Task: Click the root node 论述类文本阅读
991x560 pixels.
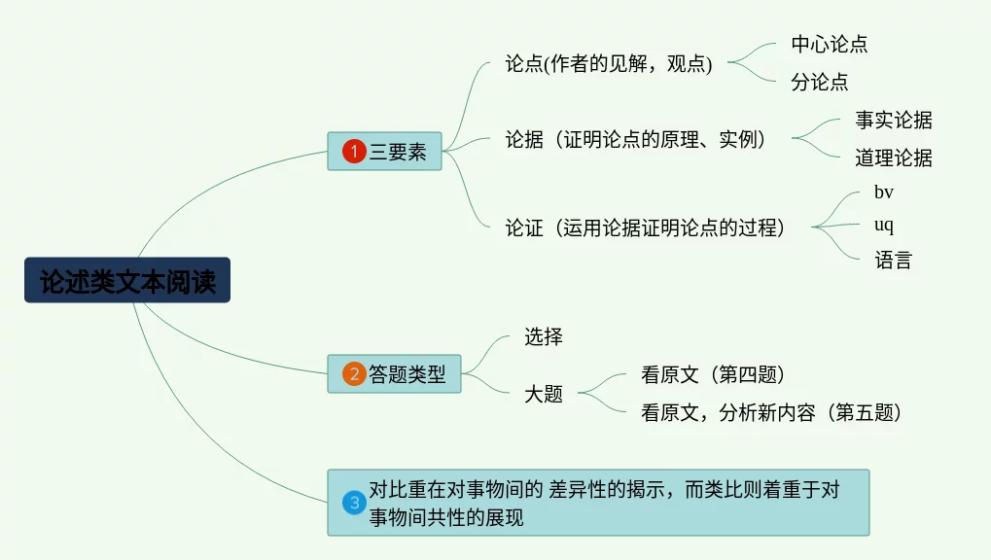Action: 127,280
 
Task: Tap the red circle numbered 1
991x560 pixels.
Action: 354,151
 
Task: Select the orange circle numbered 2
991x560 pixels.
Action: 354,373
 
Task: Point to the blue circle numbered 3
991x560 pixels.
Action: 354,503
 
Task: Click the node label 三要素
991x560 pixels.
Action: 398,152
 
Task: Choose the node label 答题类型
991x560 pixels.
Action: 407,374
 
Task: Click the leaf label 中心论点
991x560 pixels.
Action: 830,44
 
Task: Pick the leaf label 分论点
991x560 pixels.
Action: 820,82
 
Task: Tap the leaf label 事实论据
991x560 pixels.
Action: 894,120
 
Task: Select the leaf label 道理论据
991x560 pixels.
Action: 894,157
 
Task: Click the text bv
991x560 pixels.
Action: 884,192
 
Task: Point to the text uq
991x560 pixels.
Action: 884,225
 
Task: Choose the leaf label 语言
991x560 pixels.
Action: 893,260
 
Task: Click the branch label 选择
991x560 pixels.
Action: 544,336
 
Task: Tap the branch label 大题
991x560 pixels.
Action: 544,394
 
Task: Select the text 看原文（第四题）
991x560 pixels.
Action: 713,374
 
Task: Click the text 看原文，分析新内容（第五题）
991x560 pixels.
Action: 771,412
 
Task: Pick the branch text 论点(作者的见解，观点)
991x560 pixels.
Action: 609,63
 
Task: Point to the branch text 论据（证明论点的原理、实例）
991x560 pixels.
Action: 636,139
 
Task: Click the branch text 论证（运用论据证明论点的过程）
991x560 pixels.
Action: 646,227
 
